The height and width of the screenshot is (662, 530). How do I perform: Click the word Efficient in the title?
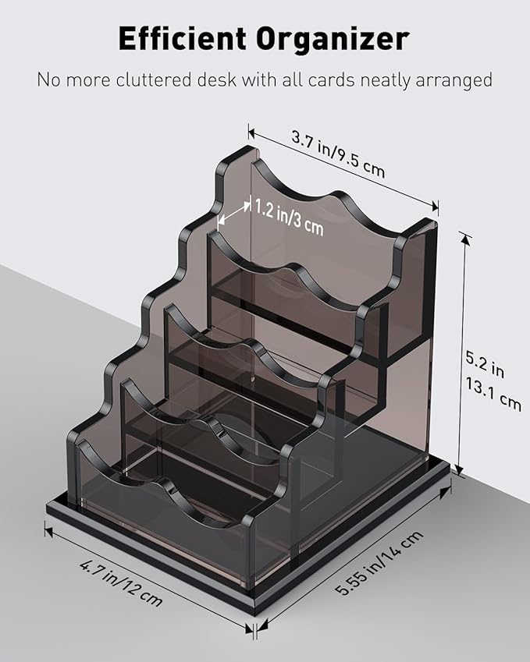click(x=182, y=38)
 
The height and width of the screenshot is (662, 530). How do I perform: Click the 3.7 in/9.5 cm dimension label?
click(x=338, y=154)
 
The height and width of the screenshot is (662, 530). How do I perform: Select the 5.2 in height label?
click(x=485, y=363)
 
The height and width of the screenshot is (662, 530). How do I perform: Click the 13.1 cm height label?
click(x=493, y=395)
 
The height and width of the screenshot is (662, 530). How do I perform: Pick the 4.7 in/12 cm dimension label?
click(x=121, y=582)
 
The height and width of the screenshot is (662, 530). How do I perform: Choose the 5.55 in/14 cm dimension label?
click(x=379, y=562)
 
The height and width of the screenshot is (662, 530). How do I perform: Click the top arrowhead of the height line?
click(x=465, y=239)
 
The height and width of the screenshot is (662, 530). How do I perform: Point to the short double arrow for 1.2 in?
click(x=233, y=213)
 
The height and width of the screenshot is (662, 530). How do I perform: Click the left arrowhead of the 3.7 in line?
click(x=253, y=133)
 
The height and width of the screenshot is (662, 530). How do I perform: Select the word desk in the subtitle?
click(x=217, y=80)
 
